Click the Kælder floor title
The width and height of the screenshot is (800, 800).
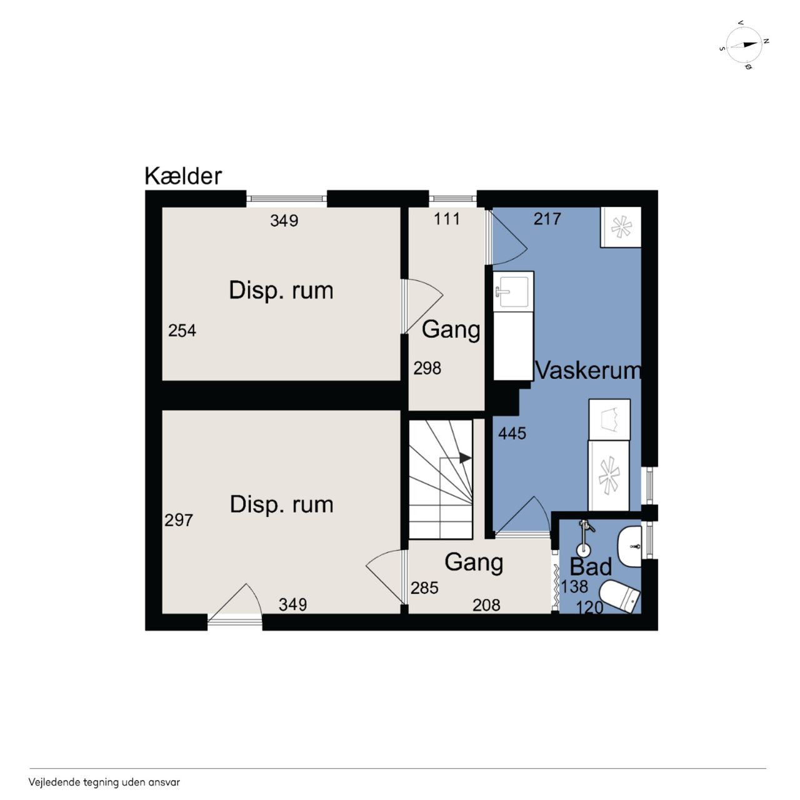coord(183,176)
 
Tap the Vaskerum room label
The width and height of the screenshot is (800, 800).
coord(588,371)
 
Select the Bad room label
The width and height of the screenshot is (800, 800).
coord(591,567)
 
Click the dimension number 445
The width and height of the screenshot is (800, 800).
coord(512,433)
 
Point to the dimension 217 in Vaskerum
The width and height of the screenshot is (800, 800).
coord(547,219)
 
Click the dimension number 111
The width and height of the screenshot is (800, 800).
coord(447,219)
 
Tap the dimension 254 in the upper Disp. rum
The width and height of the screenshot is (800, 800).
coord(182,331)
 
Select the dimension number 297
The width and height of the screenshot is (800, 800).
coord(179,520)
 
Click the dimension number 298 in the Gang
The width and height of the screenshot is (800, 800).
coord(427,368)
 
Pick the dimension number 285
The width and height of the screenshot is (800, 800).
coord(424,588)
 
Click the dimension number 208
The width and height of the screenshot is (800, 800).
coord(486,605)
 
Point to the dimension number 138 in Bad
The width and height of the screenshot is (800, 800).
coord(574,587)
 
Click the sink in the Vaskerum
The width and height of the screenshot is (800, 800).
coord(513,290)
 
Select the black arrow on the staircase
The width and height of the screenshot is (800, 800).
coord(465,458)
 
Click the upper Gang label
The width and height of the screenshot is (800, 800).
coord(451,331)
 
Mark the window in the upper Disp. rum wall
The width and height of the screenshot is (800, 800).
coord(286,199)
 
